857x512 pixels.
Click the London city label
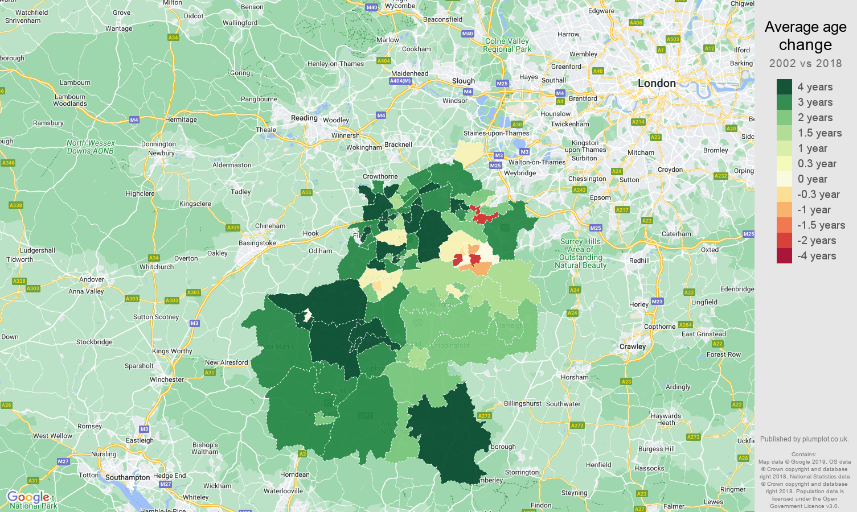(657, 84)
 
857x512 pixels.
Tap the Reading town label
(304, 118)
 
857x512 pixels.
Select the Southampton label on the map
(128, 477)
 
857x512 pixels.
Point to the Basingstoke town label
(257, 243)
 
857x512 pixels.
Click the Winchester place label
(167, 379)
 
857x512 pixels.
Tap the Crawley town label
(633, 346)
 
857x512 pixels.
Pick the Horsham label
(575, 377)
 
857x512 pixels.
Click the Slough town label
(463, 81)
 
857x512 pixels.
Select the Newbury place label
(161, 153)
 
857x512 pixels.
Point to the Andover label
(92, 279)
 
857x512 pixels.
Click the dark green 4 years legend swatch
(784, 87)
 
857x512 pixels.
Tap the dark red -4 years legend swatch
(784, 256)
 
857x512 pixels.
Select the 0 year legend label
(812, 179)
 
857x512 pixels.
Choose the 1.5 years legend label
(819, 133)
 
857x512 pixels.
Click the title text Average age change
(805, 36)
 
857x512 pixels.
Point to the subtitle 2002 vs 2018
(805, 63)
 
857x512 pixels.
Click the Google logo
(28, 497)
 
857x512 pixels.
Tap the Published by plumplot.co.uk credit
(804, 439)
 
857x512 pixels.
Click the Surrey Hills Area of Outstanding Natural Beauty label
(580, 253)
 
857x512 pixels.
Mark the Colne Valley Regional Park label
(507, 45)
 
